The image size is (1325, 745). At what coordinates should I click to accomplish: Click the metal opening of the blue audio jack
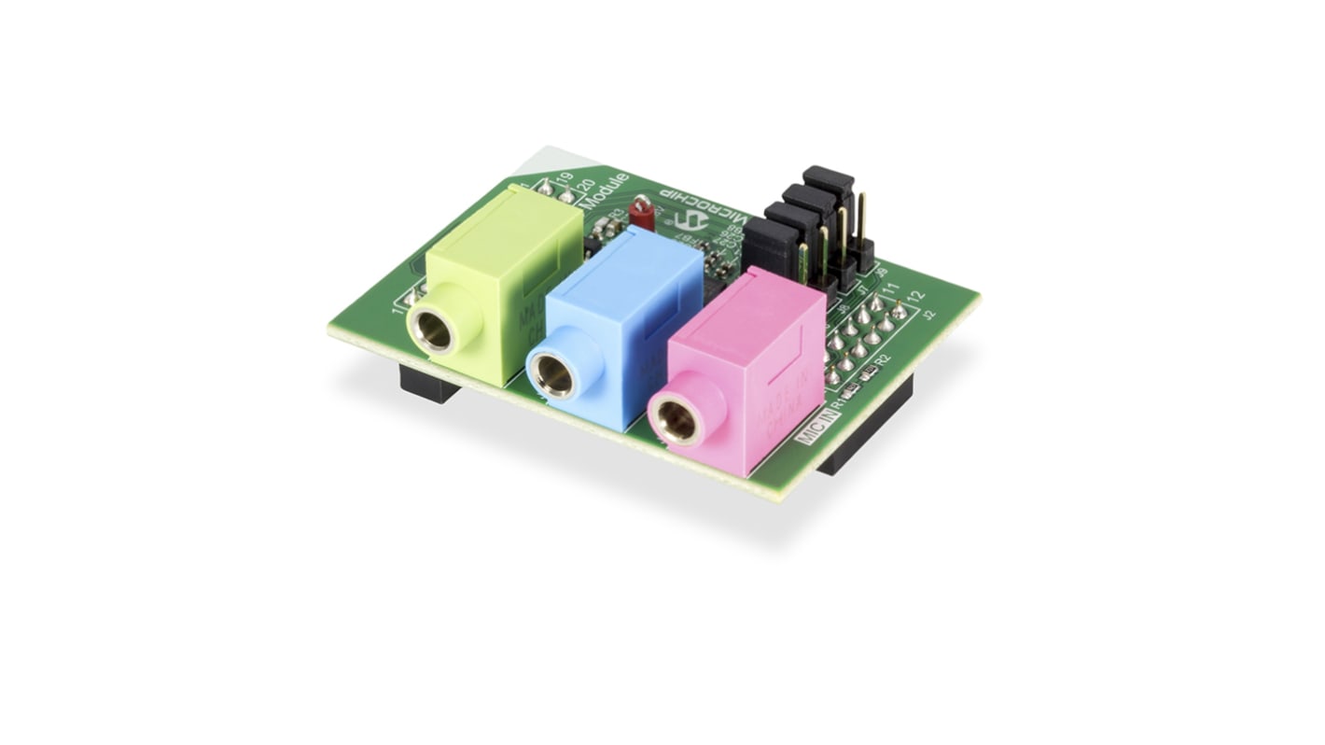[554, 375]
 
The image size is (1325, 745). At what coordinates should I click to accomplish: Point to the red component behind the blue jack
[641, 213]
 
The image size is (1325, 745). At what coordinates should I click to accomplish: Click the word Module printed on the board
[605, 190]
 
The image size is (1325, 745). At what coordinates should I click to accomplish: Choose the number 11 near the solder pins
[891, 288]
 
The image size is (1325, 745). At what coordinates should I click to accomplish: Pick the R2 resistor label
[883, 360]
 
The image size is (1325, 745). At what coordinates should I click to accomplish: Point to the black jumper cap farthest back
[829, 179]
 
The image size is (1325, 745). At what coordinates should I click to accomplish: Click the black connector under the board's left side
[428, 384]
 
